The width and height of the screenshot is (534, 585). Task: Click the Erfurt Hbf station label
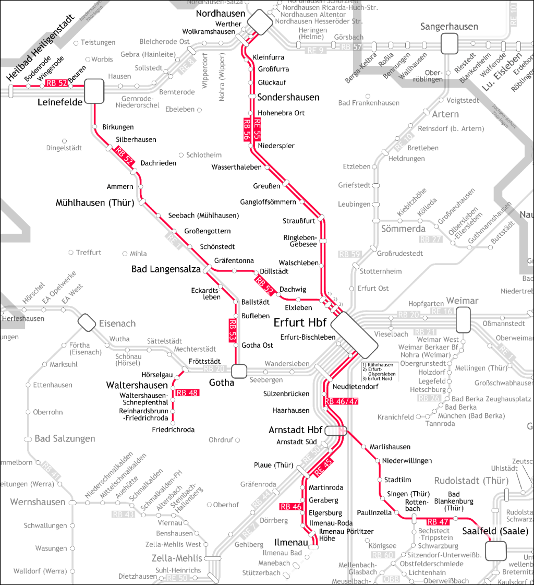pyautogui.click(x=300, y=323)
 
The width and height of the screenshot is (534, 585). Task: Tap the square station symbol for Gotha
pyautogui.click(x=239, y=371)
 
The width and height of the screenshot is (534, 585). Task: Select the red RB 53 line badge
pyautogui.click(x=232, y=330)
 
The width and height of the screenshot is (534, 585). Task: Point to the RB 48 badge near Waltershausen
pyautogui.click(x=187, y=393)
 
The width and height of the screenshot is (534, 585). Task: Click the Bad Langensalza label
pyautogui.click(x=166, y=269)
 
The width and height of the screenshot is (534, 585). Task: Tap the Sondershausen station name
pyautogui.click(x=288, y=98)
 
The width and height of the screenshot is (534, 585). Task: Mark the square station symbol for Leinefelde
pyautogui.click(x=94, y=90)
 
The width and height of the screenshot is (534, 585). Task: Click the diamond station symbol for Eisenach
pyautogui.click(x=87, y=323)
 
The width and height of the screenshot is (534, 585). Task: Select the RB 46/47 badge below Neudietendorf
pyautogui.click(x=341, y=401)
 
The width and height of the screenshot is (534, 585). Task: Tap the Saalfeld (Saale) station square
pyautogui.click(x=495, y=550)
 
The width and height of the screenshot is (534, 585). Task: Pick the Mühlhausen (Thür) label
pyautogui.click(x=95, y=203)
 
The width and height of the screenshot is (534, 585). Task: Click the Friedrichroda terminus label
pyautogui.click(x=173, y=429)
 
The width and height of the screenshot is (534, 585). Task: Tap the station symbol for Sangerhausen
pyautogui.click(x=449, y=43)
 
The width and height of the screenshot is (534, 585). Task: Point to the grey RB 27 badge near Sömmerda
pyautogui.click(x=431, y=240)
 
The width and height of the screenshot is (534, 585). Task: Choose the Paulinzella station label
pyautogui.click(x=374, y=512)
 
